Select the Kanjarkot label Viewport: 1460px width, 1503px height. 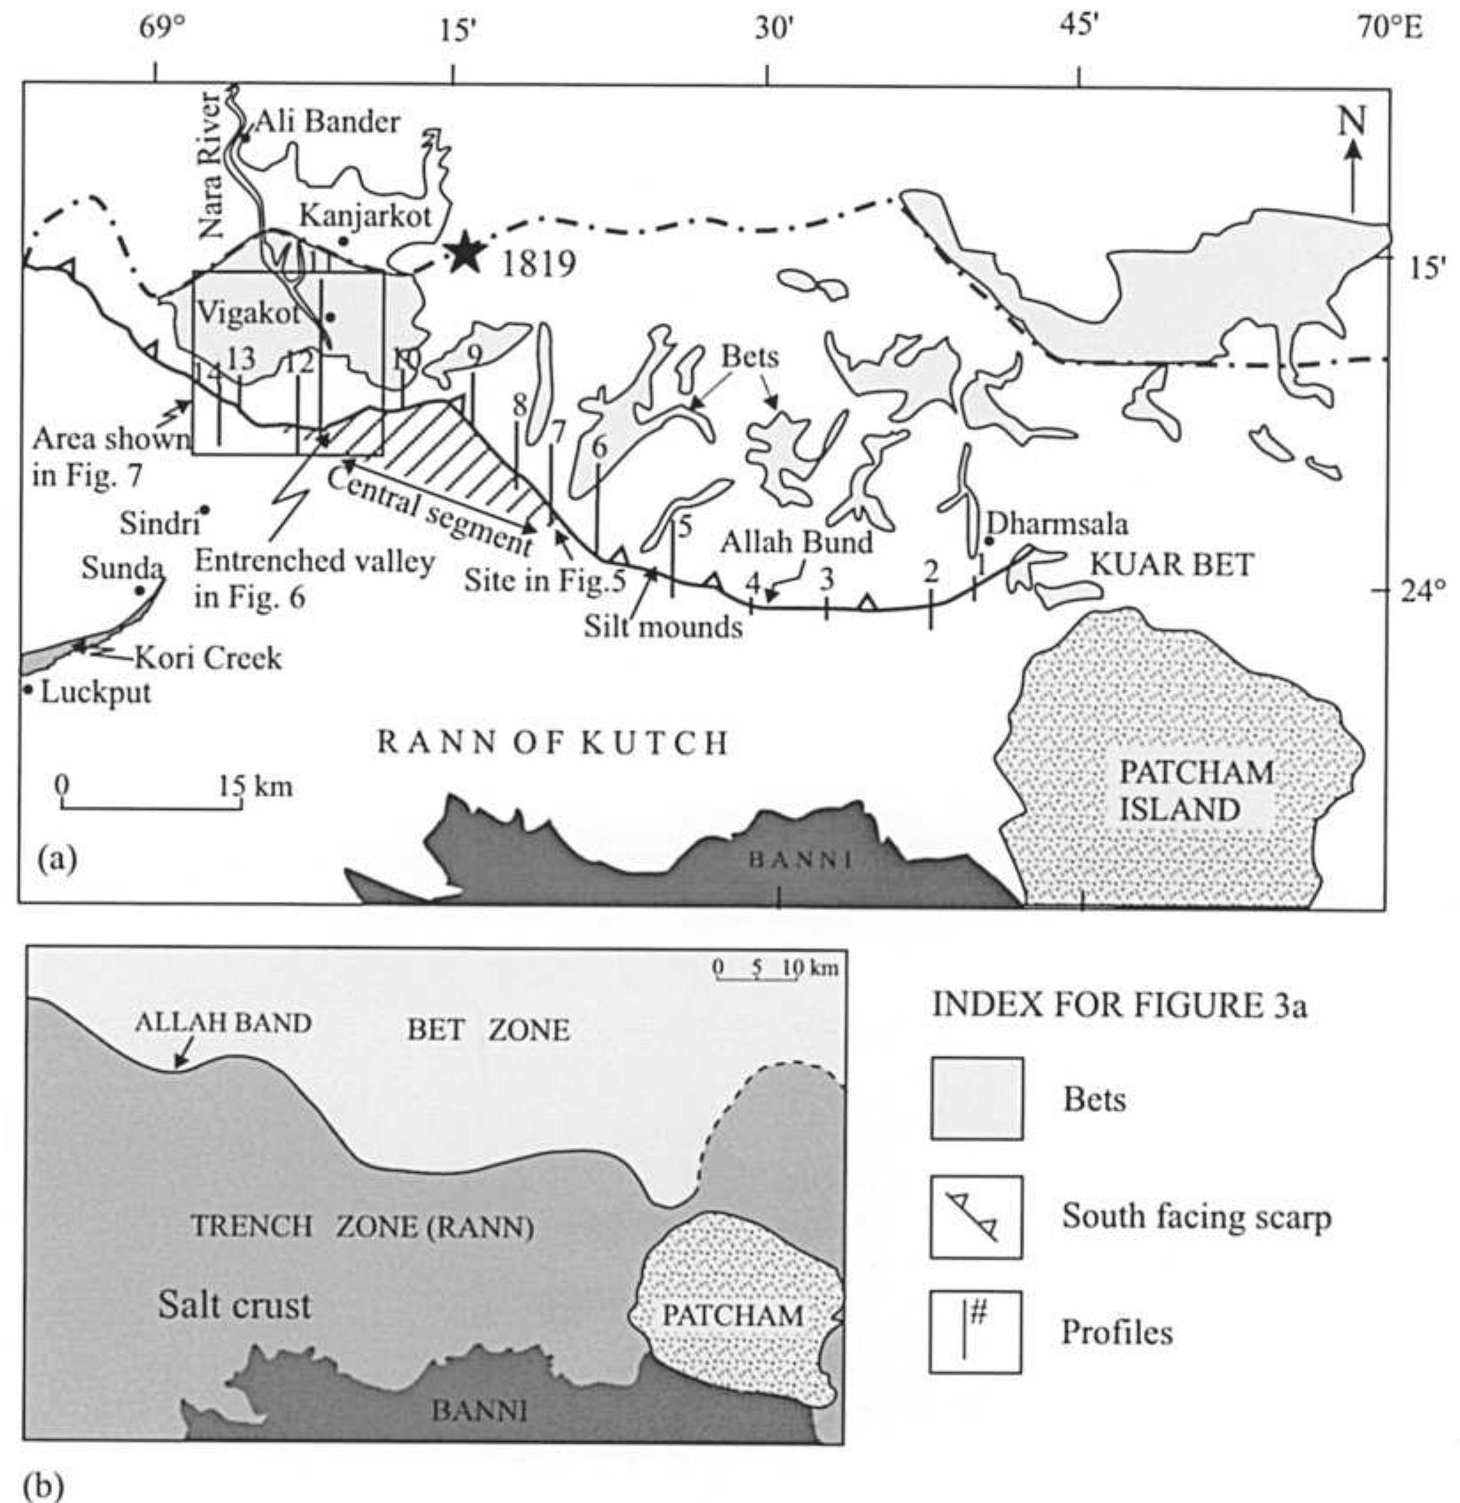click(366, 215)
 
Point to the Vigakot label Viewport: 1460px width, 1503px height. click(248, 313)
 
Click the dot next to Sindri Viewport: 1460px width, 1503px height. click(204, 510)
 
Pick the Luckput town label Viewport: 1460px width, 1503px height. click(96, 691)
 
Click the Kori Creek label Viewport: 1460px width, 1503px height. click(208, 658)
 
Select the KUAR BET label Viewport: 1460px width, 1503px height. click(1171, 564)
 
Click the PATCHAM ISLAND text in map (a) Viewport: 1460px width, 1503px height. click(1196, 790)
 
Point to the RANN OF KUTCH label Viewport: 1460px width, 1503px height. click(553, 743)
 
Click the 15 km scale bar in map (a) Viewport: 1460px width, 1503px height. click(151, 805)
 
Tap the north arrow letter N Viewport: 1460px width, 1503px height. click(1352, 120)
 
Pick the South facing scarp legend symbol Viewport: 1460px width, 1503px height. click(976, 1217)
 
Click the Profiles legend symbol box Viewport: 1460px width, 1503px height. click(975, 1332)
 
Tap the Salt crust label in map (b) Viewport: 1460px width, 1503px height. click(235, 1305)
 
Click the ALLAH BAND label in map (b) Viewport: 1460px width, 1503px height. click(223, 1023)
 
